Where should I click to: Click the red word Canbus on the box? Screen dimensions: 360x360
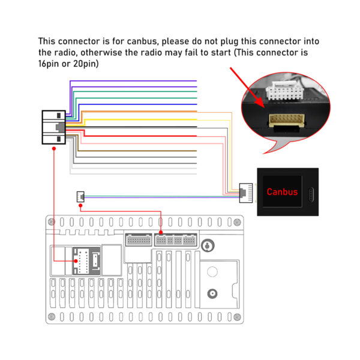pos(281,193)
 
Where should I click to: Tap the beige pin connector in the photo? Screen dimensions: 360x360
pos(286,120)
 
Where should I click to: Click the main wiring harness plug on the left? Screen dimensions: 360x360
pos(54,128)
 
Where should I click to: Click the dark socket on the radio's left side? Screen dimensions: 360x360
pos(83,260)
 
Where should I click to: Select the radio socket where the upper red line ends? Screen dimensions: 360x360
pos(161,241)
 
